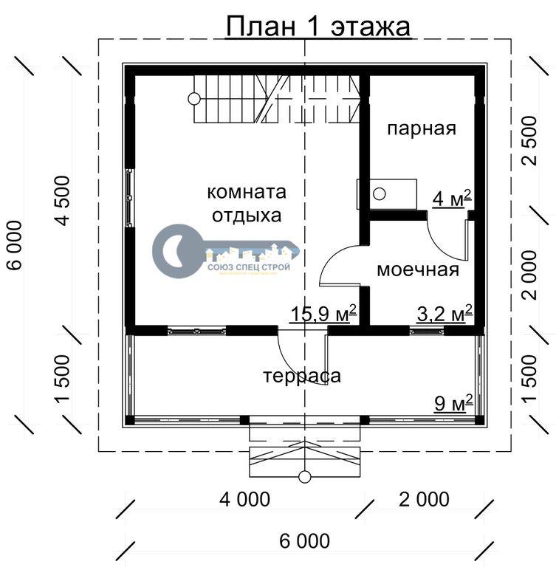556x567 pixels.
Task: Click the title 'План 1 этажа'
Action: pyautogui.click(x=318, y=26)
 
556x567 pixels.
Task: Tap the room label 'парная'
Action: pyautogui.click(x=422, y=129)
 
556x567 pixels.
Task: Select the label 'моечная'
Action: pyautogui.click(x=418, y=269)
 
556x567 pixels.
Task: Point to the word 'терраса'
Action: pyautogui.click(x=302, y=376)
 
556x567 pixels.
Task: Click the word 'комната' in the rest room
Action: pyautogui.click(x=247, y=192)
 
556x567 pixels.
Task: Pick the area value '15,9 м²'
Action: pyautogui.click(x=323, y=313)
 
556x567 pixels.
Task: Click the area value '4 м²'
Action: pyautogui.click(x=452, y=199)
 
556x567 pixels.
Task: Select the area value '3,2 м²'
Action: pyautogui.click(x=445, y=313)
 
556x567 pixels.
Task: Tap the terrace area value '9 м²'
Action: pyautogui.click(x=453, y=403)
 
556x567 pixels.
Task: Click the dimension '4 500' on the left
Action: pyautogui.click(x=63, y=201)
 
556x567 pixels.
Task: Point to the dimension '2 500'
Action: pyautogui.click(x=530, y=141)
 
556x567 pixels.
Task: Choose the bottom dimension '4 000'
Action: pyautogui.click(x=245, y=499)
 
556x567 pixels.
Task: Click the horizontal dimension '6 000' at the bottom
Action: pyautogui.click(x=305, y=541)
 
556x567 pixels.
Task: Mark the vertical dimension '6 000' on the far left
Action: pyautogui.click(x=15, y=246)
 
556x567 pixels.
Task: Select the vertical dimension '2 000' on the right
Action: pyautogui.click(x=530, y=275)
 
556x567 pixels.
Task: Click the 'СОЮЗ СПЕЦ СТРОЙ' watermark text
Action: pyautogui.click(x=249, y=267)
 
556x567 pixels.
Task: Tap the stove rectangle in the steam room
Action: pyautogui.click(x=387, y=194)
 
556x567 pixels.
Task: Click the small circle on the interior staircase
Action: pyautogui.click(x=194, y=98)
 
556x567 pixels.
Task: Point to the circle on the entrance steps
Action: pyautogui.click(x=305, y=477)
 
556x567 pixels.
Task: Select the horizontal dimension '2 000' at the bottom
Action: pyautogui.click(x=424, y=499)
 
